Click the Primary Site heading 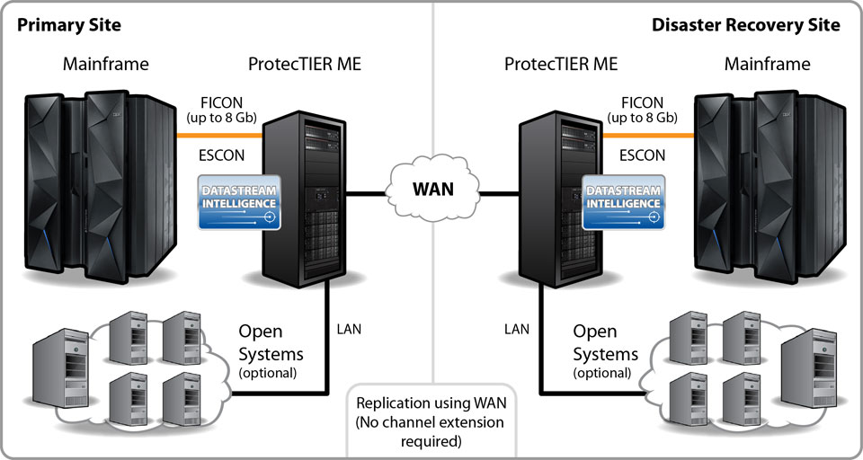click(x=69, y=24)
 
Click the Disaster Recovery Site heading click(x=745, y=24)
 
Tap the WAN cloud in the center click(x=431, y=189)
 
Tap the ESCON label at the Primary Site click(x=221, y=155)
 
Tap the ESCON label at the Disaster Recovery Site click(x=642, y=155)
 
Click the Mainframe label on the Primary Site click(x=106, y=64)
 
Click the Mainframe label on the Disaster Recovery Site click(x=767, y=64)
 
